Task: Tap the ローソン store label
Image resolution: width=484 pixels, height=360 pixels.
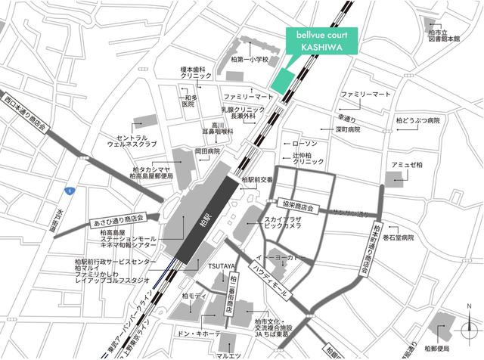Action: pos(305,143)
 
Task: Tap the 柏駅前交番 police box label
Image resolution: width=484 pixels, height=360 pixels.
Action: pos(256,180)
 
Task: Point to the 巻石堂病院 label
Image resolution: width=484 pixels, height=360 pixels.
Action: pos(420,237)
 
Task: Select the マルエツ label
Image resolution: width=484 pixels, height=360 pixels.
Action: pos(228,355)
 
